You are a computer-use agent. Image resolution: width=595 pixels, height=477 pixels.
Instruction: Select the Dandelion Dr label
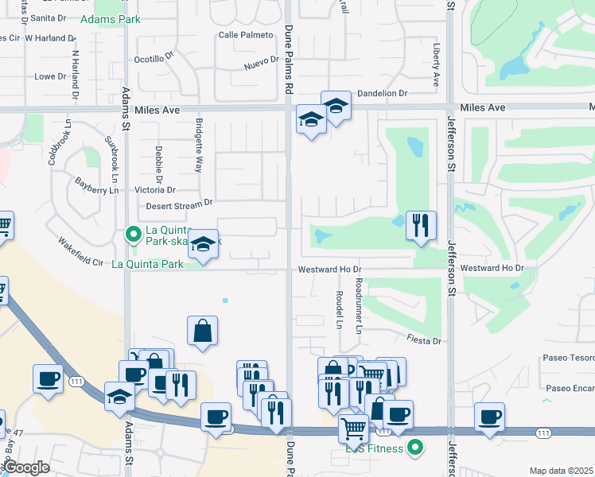382,93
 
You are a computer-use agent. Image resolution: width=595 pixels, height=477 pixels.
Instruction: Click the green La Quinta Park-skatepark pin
133,234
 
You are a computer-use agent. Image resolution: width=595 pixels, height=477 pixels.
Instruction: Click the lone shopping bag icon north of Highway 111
203,331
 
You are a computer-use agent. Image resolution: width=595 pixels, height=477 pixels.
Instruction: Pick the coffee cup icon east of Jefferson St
489,417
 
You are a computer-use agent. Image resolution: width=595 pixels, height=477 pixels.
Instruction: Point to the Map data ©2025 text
561,471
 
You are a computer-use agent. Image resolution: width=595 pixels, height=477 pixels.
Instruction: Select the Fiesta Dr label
426,341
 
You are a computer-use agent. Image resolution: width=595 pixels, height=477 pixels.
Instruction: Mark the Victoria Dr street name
155,190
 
